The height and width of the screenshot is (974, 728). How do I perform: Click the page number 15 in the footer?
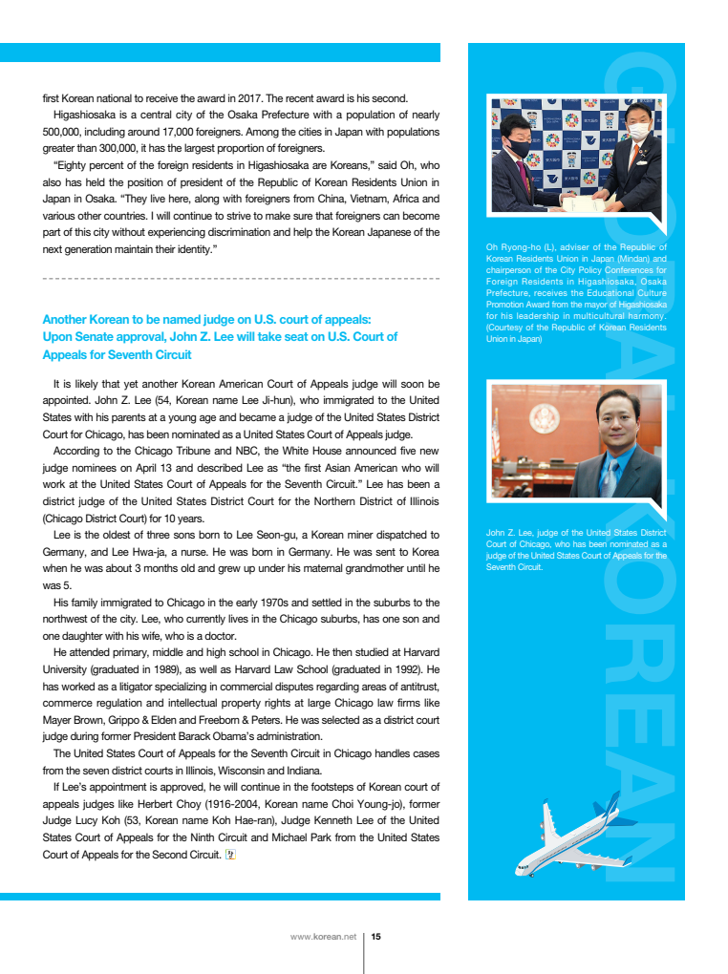[x=375, y=937]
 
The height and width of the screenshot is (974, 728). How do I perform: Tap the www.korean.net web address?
[x=323, y=937]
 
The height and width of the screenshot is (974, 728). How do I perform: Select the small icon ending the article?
[x=229, y=855]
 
